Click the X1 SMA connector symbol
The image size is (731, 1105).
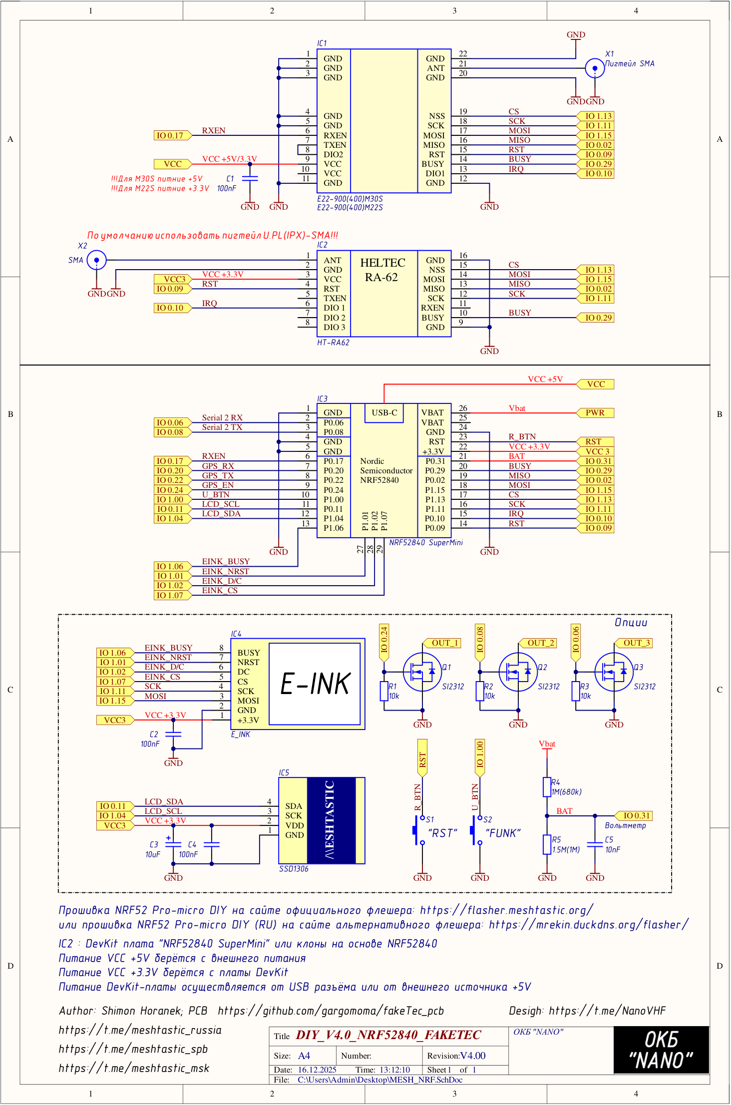(x=594, y=68)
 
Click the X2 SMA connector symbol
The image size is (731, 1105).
(x=96, y=260)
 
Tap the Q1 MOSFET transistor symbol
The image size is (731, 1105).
(x=422, y=672)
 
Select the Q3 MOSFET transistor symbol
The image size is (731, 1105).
(x=614, y=672)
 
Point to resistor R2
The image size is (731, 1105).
(x=480, y=692)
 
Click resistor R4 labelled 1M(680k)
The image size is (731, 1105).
(x=547, y=787)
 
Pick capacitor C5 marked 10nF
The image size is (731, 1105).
(x=595, y=844)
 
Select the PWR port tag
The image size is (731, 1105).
(x=595, y=413)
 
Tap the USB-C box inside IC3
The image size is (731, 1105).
(x=384, y=413)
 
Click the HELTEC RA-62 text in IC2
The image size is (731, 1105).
(x=382, y=270)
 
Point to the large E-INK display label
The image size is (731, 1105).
(x=315, y=684)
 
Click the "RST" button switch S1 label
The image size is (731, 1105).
(x=442, y=833)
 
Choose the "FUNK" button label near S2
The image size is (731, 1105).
(x=502, y=833)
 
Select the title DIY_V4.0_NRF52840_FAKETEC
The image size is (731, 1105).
(x=388, y=1035)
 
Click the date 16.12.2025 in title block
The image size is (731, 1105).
(x=317, y=1070)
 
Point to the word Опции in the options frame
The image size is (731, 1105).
(x=631, y=623)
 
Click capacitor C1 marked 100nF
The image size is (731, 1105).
(x=250, y=178)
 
